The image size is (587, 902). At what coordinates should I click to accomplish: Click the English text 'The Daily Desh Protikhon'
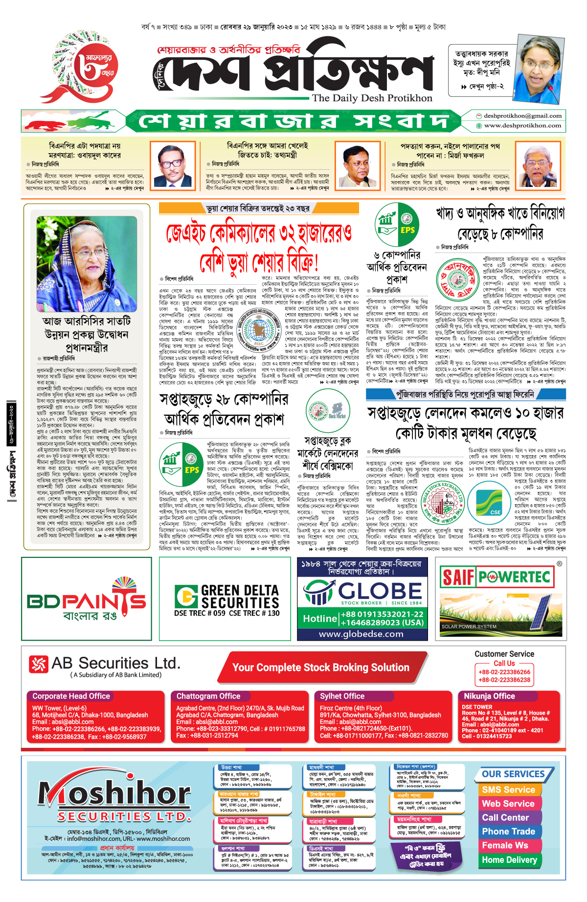[x=372, y=98]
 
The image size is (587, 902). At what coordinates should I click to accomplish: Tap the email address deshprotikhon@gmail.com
[x=522, y=116]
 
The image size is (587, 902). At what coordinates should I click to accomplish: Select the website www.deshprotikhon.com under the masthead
[x=522, y=126]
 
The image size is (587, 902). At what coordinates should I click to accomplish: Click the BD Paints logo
[x=87, y=600]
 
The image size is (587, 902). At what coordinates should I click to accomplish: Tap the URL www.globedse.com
[x=361, y=634]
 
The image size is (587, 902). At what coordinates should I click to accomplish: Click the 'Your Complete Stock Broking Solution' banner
[x=320, y=668]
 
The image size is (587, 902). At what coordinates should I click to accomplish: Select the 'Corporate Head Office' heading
[x=71, y=696]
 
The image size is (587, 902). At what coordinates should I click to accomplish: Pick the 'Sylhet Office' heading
[x=342, y=696]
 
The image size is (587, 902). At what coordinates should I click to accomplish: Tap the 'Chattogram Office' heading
[x=208, y=696]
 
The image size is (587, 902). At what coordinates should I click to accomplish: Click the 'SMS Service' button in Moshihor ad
[x=508, y=790]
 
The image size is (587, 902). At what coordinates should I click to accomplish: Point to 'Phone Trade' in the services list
[x=508, y=832]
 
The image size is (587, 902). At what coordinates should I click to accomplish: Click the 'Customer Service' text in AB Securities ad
[x=504, y=654]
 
